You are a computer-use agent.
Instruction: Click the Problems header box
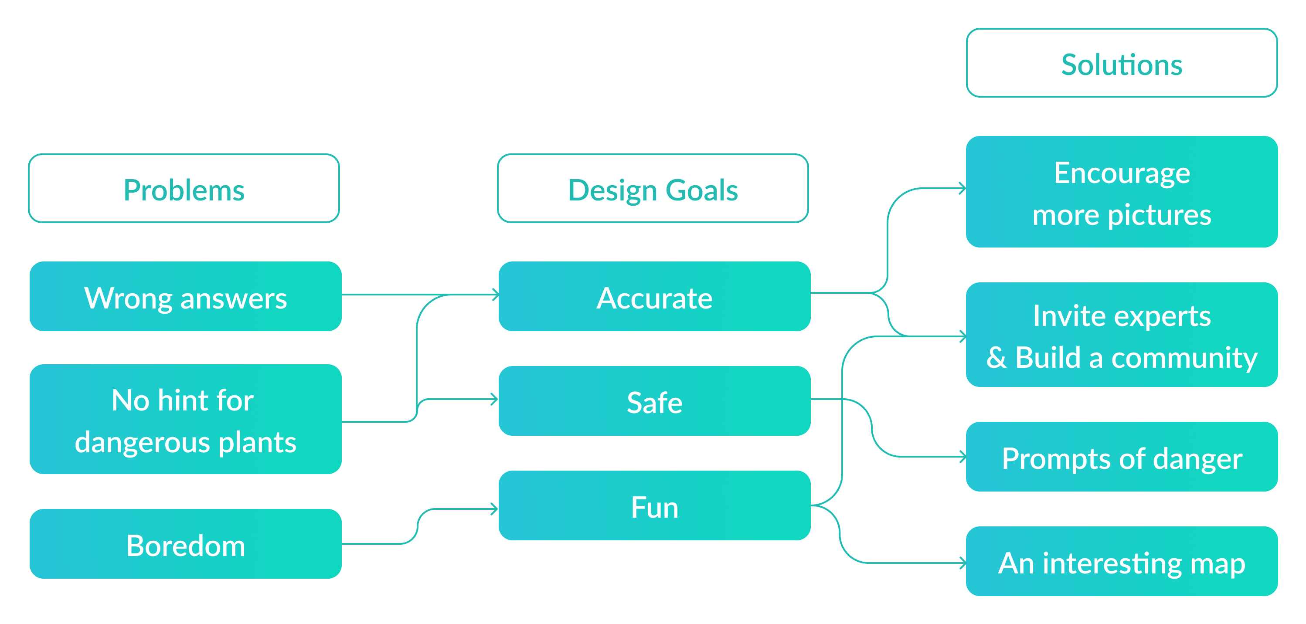[184, 189]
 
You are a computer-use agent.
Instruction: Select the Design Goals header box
[653, 189]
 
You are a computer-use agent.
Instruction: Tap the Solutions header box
[1122, 63]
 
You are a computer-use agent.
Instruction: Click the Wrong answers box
[186, 297]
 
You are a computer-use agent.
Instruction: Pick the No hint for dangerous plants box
[186, 419]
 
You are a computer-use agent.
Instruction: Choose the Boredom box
[186, 544]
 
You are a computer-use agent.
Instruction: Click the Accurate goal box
[654, 297]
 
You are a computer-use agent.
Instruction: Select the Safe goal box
[654, 401]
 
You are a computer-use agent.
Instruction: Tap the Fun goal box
[654, 505]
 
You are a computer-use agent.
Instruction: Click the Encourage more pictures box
[1122, 192]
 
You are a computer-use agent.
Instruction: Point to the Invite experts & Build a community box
[1122, 335]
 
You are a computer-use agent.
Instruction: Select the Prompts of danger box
[1122, 457]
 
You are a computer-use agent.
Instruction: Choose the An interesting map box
[1122, 561]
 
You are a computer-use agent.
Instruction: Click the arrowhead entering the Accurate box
[496, 295]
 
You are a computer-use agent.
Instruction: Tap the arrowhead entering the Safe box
[494, 400]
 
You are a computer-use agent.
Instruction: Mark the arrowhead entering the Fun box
[494, 509]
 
